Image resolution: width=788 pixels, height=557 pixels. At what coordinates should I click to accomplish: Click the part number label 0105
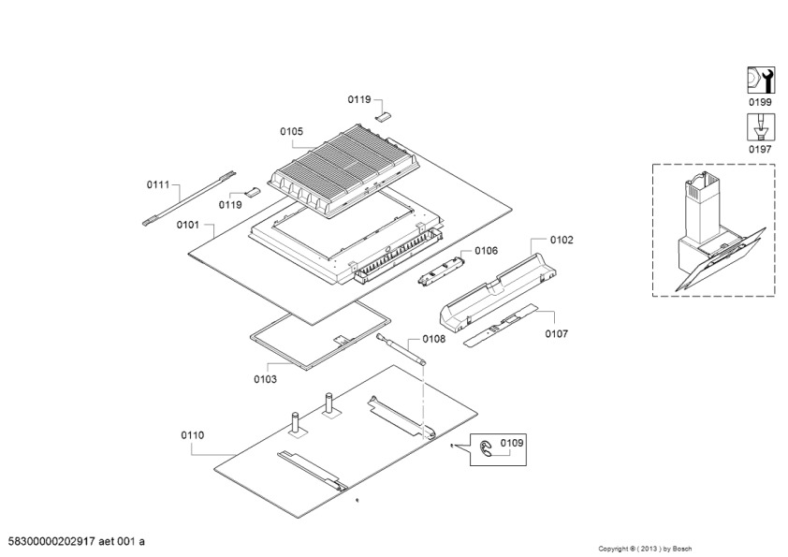pos(291,132)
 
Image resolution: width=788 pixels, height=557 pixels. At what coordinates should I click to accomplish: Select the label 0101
pos(187,225)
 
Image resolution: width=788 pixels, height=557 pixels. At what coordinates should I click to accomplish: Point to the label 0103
pos(265,379)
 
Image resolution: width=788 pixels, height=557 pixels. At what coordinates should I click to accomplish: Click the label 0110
pos(193,435)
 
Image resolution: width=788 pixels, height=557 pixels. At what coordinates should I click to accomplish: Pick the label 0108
pos(433,339)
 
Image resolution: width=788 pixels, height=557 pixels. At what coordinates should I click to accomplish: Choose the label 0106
pos(486,250)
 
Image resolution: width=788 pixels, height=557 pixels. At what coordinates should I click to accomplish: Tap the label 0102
pos(562,240)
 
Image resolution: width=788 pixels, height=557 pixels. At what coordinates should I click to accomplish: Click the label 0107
pos(556,333)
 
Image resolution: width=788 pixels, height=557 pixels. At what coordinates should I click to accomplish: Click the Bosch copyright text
pos(661,548)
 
